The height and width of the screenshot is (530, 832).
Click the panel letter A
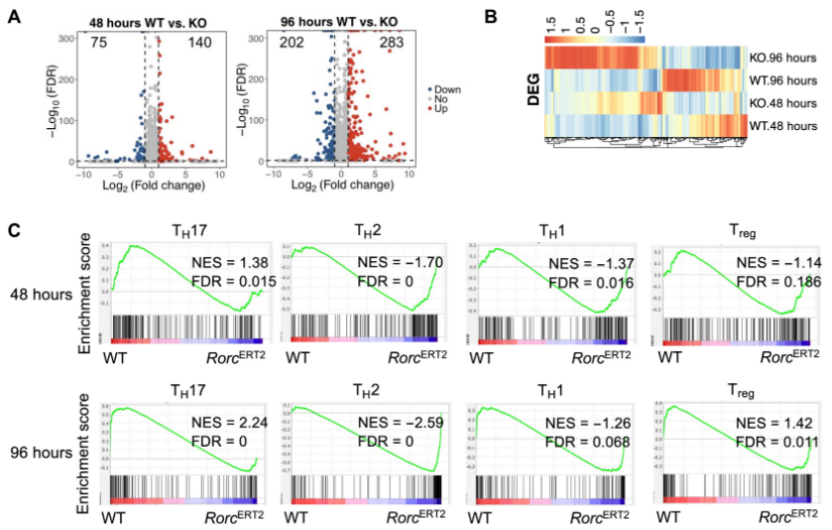(x=14, y=19)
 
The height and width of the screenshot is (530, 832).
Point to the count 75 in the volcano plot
(x=70, y=44)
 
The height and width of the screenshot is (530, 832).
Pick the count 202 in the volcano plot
(x=265, y=44)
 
